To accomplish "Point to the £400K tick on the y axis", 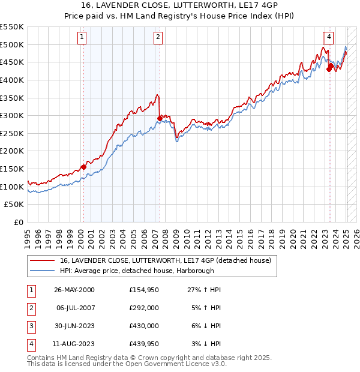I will (x=11, y=80).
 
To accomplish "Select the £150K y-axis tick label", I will (x=11, y=169).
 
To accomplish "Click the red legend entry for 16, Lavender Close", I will (x=166, y=260).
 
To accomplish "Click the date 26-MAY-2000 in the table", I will (x=74, y=290).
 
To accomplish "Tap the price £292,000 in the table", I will (x=143, y=308).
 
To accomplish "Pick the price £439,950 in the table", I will (x=143, y=344).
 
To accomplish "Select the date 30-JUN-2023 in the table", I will (x=74, y=326).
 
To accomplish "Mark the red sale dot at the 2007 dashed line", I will (x=160, y=118).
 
